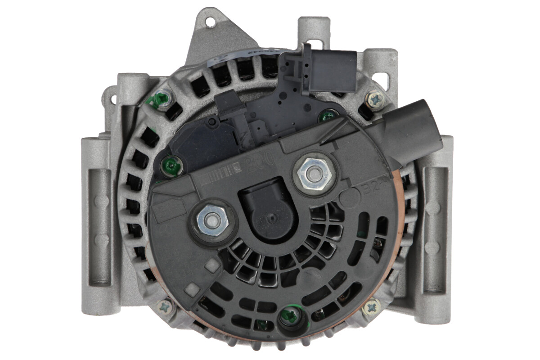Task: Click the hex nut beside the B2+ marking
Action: coord(313,172)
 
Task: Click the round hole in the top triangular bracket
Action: coord(210,20)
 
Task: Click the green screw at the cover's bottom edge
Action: coord(289,316)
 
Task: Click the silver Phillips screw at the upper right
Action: coord(375,100)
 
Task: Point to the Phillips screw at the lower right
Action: coord(371,308)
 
